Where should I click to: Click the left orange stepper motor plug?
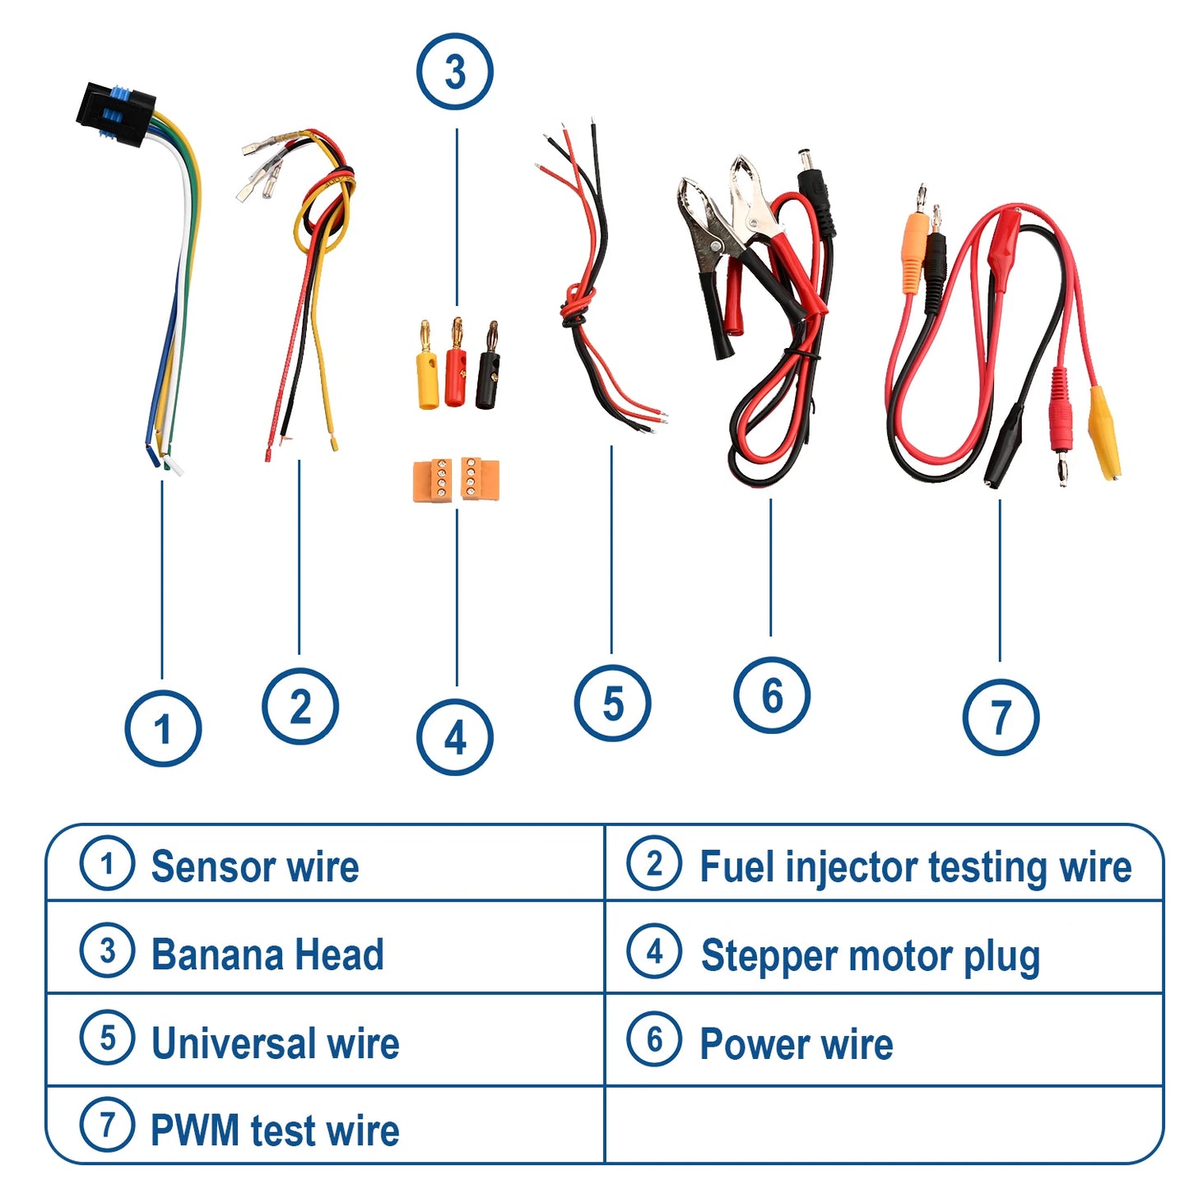click(433, 481)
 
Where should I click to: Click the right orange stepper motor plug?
click(480, 479)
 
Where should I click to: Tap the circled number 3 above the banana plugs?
click(455, 72)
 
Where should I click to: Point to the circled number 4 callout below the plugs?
click(455, 738)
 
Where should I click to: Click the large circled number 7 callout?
click(1001, 718)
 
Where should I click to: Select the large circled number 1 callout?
click(163, 729)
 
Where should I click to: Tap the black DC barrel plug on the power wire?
click(815, 186)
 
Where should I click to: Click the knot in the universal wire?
click(578, 309)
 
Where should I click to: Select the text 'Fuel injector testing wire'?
click(915, 867)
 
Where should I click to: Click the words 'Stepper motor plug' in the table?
click(870, 956)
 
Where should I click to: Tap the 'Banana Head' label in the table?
click(267, 954)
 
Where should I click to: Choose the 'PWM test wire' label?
click(275, 1130)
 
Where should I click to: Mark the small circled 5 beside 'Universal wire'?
click(107, 1038)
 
